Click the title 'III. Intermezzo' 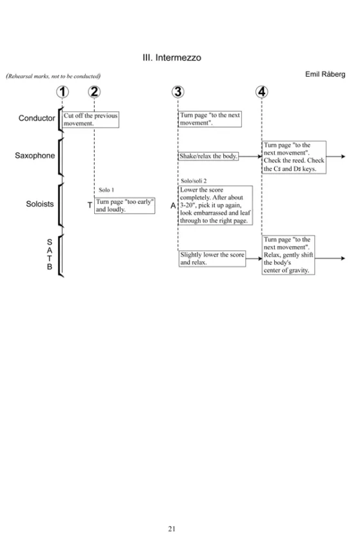pos(172,57)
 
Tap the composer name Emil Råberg pos(325,74)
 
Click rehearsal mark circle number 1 pos(62,92)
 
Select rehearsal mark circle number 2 pos(94,92)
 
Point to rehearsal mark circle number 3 pos(178,92)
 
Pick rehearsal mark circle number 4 pos(262,92)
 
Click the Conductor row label pos(37,118)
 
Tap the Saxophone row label pos(35,155)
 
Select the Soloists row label pos(40,204)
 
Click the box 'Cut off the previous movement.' pos(90,119)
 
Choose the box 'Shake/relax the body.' pos(208,156)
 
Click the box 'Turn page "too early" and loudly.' pos(125,206)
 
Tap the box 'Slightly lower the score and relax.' pos(212,258)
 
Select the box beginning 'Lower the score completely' pos(215,205)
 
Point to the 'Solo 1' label pos(106,190)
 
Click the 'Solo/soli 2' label pos(194,181)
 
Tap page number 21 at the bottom pos(172,529)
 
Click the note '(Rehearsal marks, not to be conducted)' pos(54,76)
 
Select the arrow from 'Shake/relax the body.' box pos(250,156)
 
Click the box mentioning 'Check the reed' pos(294,157)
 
